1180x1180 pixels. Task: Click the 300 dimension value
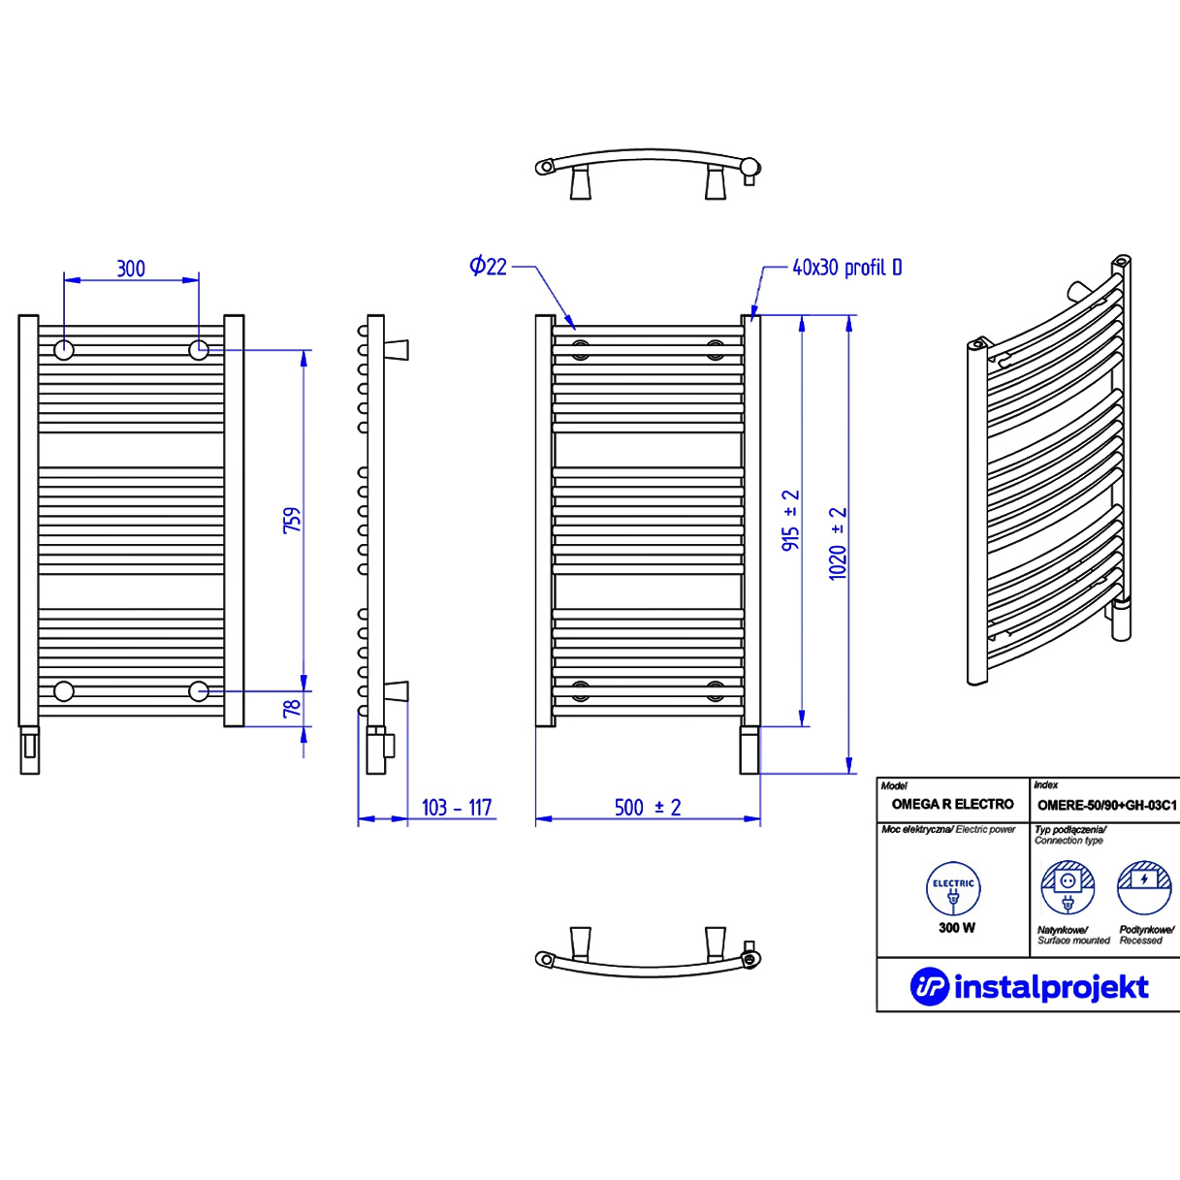131,269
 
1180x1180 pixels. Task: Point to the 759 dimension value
292,520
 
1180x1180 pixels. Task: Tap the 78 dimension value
292,710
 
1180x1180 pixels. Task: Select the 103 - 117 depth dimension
457,808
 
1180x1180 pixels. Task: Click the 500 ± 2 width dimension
647,808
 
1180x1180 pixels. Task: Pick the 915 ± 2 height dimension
791,521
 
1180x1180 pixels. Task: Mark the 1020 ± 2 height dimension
838,543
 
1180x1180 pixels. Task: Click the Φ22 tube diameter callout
488,266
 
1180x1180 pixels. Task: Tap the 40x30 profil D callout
846,268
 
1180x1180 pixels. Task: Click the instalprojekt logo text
1051,987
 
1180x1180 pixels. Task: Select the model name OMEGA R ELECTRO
952,804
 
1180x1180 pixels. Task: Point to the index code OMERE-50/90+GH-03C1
1106,805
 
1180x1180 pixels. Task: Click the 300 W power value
956,928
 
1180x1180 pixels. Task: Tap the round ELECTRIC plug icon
953,889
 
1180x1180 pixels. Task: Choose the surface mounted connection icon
1068,887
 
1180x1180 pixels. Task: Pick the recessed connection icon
1144,887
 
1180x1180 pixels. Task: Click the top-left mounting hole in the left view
64,350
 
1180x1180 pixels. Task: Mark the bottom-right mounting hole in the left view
199,690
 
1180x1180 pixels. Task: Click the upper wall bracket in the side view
397,349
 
